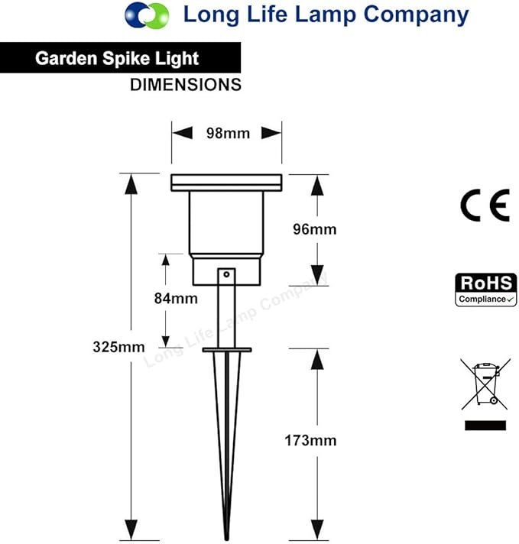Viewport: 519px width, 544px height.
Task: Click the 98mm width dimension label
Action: [228, 133]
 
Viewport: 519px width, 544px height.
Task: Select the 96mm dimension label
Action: [314, 229]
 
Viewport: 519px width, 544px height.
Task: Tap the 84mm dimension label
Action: [176, 299]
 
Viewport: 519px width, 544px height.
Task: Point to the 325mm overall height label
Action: [118, 347]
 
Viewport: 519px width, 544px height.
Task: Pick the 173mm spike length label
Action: [310, 441]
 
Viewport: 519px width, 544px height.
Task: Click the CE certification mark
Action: [485, 205]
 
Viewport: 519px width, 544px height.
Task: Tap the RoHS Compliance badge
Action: [485, 290]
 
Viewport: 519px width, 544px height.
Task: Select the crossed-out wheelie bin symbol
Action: [485, 384]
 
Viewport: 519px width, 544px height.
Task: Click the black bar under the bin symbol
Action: [485, 426]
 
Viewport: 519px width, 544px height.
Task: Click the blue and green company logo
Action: [147, 15]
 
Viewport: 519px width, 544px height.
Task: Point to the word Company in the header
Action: [416, 15]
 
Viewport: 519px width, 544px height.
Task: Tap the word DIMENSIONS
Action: [186, 85]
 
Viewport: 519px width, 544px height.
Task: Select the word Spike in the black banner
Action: [126, 58]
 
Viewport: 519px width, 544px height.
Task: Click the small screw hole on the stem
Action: [226, 274]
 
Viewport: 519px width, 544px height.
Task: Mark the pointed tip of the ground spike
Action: [227, 539]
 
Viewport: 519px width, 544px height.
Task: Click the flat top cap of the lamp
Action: [226, 183]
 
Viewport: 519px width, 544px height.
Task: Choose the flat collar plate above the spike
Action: [227, 350]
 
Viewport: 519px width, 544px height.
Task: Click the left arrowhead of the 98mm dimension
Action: [182, 133]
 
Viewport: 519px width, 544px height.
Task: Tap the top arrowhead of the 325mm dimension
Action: [131, 184]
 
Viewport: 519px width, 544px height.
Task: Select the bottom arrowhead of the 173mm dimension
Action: [317, 529]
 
